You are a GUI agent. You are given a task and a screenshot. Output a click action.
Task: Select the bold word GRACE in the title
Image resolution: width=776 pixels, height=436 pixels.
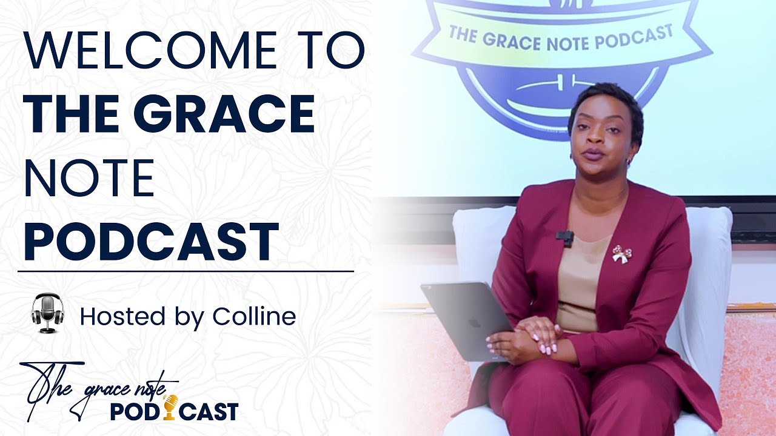233,115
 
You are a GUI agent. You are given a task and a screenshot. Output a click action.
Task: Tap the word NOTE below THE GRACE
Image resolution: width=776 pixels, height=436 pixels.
89,179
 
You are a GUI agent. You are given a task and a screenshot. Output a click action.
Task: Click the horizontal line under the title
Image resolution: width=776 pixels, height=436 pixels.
186,271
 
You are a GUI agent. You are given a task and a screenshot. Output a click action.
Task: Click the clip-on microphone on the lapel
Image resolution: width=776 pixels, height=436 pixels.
564,237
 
